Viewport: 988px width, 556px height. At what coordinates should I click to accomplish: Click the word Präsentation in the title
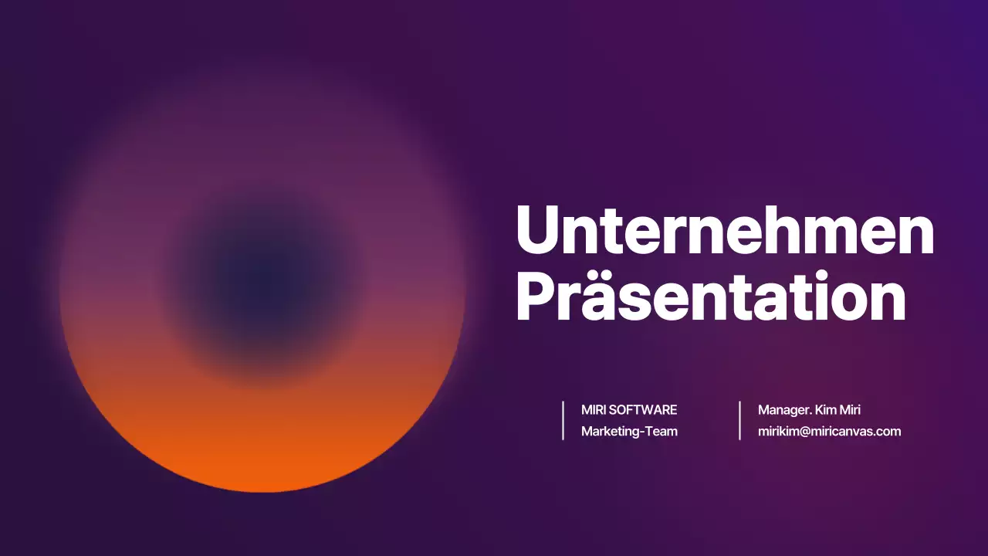pos(710,297)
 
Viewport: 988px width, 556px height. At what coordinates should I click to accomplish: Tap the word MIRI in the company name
pos(594,410)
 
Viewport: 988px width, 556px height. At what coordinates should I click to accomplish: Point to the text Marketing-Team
pos(629,432)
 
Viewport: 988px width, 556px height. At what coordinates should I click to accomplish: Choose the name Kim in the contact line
pos(827,410)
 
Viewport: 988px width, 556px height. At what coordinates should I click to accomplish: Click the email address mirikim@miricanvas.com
pos(829,432)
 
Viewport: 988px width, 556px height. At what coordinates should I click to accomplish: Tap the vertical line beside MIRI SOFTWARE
pos(563,421)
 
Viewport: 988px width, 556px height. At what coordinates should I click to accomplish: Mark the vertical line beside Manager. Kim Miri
pos(739,421)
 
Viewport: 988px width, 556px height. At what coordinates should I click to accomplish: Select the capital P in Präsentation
pos(535,297)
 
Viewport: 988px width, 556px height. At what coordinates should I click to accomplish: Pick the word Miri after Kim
pos(850,410)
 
